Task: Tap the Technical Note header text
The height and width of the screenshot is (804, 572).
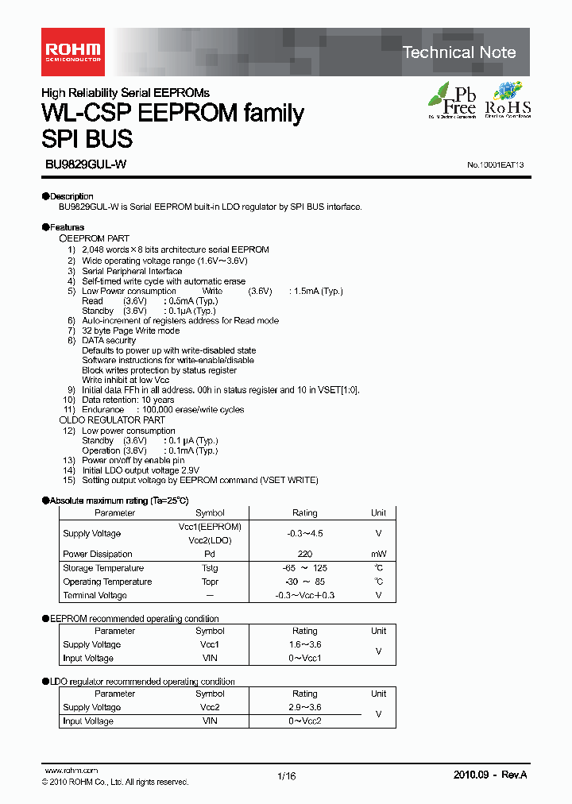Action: point(458,52)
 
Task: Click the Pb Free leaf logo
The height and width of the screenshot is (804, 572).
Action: point(453,100)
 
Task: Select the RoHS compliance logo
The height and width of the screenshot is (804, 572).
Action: point(507,100)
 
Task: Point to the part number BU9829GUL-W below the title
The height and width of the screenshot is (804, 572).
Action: point(85,164)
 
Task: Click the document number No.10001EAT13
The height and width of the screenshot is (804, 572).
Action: point(495,165)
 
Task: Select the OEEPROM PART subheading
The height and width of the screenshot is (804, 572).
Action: point(95,238)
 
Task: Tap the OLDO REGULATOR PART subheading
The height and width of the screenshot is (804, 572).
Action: point(113,419)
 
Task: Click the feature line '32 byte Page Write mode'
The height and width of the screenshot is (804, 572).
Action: point(130,330)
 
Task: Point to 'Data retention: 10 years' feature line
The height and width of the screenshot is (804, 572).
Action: point(128,400)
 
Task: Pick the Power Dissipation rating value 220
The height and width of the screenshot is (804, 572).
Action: point(304,554)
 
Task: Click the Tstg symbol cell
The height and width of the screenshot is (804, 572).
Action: point(210,568)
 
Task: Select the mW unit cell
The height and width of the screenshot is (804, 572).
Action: point(378,554)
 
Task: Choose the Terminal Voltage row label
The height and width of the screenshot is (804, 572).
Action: point(95,595)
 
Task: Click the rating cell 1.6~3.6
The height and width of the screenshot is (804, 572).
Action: point(304,644)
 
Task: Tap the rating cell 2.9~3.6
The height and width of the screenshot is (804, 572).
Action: point(304,707)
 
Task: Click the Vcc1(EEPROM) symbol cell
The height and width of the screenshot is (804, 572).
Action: point(210,527)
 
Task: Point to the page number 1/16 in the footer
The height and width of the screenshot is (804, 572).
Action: point(287,777)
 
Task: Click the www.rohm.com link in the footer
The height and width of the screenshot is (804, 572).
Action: point(71,771)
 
